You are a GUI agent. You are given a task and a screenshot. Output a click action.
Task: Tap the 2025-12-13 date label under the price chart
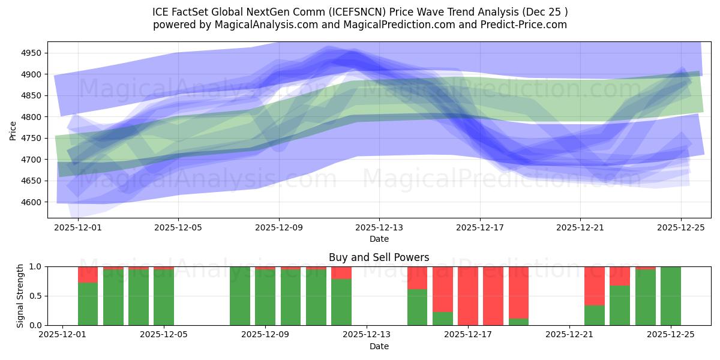click(379, 228)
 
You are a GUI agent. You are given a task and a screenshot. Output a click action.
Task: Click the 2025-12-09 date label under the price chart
click(278, 228)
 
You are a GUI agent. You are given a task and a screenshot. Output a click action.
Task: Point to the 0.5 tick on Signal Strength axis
click(37, 296)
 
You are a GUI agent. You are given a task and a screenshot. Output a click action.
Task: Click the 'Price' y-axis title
click(13, 130)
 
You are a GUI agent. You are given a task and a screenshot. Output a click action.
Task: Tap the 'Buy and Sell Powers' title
click(379, 257)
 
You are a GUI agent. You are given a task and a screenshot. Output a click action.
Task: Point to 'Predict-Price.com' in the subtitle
click(526, 25)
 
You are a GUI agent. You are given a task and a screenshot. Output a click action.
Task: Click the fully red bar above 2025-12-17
click(468, 296)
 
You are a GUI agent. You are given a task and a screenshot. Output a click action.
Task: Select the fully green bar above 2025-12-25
click(671, 296)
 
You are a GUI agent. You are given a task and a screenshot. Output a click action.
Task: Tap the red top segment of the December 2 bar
click(88, 274)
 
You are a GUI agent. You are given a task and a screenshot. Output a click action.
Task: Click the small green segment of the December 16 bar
click(443, 319)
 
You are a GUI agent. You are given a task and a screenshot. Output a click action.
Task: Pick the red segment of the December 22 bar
click(594, 286)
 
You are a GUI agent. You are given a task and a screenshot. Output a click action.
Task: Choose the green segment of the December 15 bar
click(417, 307)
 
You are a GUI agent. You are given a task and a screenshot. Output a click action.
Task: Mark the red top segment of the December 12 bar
click(341, 273)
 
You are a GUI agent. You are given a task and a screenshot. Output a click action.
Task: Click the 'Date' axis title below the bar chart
click(379, 346)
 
